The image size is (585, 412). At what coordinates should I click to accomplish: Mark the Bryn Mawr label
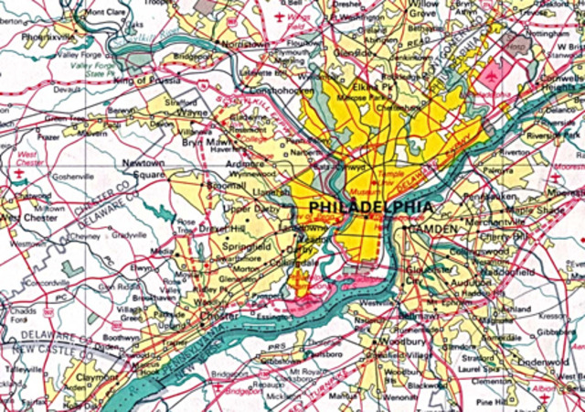coord(208,144)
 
